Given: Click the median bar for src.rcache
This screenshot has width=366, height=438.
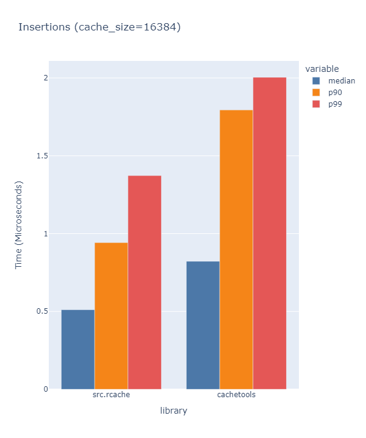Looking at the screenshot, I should pyautogui.click(x=78, y=349).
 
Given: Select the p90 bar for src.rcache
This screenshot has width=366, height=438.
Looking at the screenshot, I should pyautogui.click(x=111, y=316).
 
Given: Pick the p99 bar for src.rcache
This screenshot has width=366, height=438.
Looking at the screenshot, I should pyautogui.click(x=145, y=282).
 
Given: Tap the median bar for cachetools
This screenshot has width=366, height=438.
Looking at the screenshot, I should pyautogui.click(x=203, y=325).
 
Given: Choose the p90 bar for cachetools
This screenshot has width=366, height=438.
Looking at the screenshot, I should pyautogui.click(x=236, y=249).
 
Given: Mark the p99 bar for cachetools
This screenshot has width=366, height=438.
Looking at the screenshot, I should pyautogui.click(x=270, y=233).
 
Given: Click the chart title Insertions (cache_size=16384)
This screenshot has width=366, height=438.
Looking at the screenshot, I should pyautogui.click(x=99, y=27).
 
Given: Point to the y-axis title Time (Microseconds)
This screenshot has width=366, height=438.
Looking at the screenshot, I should pyautogui.click(x=19, y=225).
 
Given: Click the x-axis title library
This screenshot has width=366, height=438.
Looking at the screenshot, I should pyautogui.click(x=173, y=411).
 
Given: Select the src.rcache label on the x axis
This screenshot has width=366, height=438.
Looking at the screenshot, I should pyautogui.click(x=111, y=395).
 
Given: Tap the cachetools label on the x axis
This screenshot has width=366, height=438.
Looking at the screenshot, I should pyautogui.click(x=236, y=395).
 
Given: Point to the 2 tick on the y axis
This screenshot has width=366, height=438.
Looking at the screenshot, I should pyautogui.click(x=45, y=78).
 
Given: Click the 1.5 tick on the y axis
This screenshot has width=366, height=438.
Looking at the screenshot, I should pyautogui.click(x=42, y=156).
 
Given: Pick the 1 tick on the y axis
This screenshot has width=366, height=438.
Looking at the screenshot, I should pyautogui.click(x=45, y=233).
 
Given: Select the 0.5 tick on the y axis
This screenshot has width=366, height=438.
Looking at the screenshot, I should pyautogui.click(x=42, y=311).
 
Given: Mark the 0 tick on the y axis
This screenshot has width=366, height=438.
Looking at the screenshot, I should pyautogui.click(x=45, y=389).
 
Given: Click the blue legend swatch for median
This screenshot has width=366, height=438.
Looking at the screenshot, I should pyautogui.click(x=316, y=80).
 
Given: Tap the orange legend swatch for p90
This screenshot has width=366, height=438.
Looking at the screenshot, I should pyautogui.click(x=316, y=92).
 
